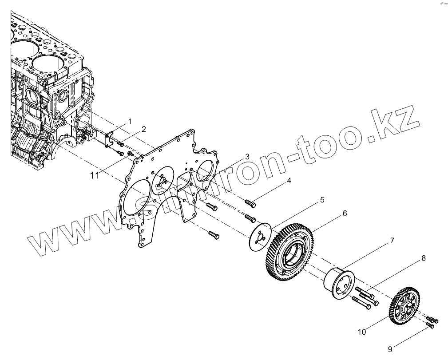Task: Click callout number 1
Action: pyautogui.click(x=130, y=121)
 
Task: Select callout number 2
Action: pyautogui.click(x=143, y=129)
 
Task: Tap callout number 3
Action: pyautogui.click(x=247, y=157)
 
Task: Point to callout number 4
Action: pyautogui.click(x=289, y=181)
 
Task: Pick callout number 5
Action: pyautogui.click(x=321, y=200)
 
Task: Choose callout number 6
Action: pyautogui.click(x=344, y=213)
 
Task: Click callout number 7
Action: pyautogui.click(x=392, y=241)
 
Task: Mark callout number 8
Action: pyautogui.click(x=423, y=257)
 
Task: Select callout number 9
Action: pyautogui.click(x=390, y=350)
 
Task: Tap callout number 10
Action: pyautogui.click(x=362, y=332)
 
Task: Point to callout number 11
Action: pyautogui.click(x=94, y=175)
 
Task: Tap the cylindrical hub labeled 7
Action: pyautogui.click(x=339, y=285)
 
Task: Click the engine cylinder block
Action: pyautogui.click(x=49, y=89)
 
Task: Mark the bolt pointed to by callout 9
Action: pyautogui.click(x=430, y=326)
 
